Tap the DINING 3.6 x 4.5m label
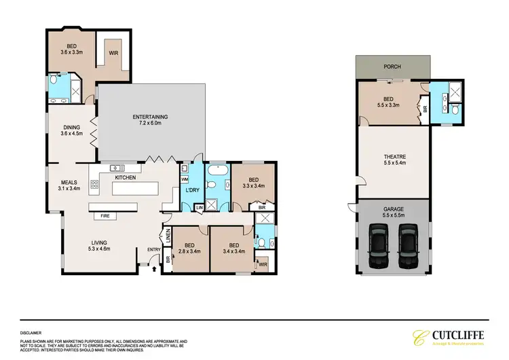pyautogui.click(x=71, y=130)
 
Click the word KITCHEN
pyautogui.click(x=125, y=178)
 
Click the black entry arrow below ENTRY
pyautogui.click(x=155, y=270)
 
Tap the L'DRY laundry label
pyautogui.click(x=191, y=190)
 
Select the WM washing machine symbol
pyautogui.click(x=184, y=179)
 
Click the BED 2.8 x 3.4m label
pyautogui.click(x=183, y=248)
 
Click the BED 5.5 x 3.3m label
pyautogui.click(x=388, y=102)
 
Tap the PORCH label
pyautogui.click(x=392, y=67)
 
